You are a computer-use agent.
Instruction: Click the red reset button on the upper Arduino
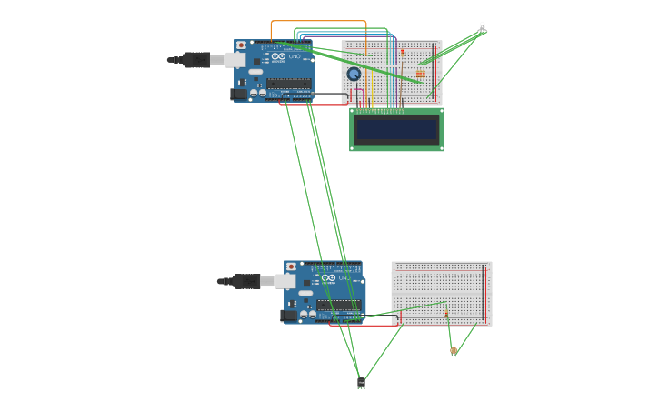[x=241, y=45]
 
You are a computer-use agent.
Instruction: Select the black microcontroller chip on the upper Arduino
[x=289, y=83]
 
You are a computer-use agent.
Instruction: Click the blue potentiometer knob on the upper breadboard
[x=354, y=75]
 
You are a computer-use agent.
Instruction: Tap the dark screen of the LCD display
[x=397, y=129]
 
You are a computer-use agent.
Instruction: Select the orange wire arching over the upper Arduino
[x=318, y=21]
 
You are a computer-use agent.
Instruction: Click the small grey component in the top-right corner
[x=482, y=28]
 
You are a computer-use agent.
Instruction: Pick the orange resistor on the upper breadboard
[x=420, y=73]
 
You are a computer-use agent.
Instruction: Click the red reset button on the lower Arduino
[x=291, y=266]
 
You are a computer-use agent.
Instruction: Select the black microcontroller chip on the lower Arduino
[x=339, y=305]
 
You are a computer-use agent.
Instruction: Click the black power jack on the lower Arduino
[x=289, y=316]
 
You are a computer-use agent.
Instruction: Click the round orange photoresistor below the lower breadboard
[x=454, y=350]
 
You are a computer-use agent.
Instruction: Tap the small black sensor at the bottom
[x=361, y=383]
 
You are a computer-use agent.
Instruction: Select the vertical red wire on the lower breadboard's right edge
[x=484, y=294]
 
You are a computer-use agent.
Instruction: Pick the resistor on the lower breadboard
[x=446, y=314]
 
